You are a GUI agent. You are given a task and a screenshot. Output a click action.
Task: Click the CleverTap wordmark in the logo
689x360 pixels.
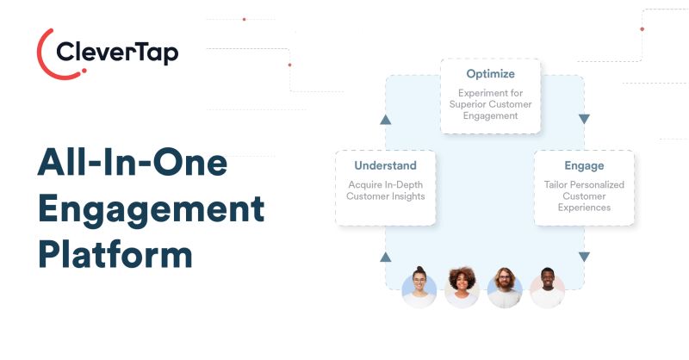117,53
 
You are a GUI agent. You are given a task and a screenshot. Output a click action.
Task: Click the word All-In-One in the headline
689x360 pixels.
133,162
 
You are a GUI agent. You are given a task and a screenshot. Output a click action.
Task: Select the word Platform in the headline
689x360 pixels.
115,255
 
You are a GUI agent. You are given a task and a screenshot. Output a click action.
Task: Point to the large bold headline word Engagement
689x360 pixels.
152,210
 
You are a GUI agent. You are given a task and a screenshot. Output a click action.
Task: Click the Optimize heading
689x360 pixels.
490,74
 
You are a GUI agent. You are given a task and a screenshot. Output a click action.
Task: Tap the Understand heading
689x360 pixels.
385,165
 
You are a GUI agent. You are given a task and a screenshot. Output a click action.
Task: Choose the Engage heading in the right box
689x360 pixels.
584,166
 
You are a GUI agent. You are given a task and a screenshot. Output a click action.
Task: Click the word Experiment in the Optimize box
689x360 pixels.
479,93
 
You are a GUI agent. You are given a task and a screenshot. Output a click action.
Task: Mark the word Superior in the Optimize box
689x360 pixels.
464,104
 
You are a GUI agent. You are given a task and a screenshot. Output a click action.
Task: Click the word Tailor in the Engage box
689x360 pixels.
555,184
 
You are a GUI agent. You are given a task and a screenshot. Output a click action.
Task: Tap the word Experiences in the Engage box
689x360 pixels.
584,208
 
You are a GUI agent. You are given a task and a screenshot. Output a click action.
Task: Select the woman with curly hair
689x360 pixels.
462,288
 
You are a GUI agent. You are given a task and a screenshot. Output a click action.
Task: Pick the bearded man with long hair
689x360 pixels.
505,288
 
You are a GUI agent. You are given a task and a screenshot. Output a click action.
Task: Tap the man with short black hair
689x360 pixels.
547,288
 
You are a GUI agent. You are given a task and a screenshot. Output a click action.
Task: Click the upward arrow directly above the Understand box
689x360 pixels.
385,120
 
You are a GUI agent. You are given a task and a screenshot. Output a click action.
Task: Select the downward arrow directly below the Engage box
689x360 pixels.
584,257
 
